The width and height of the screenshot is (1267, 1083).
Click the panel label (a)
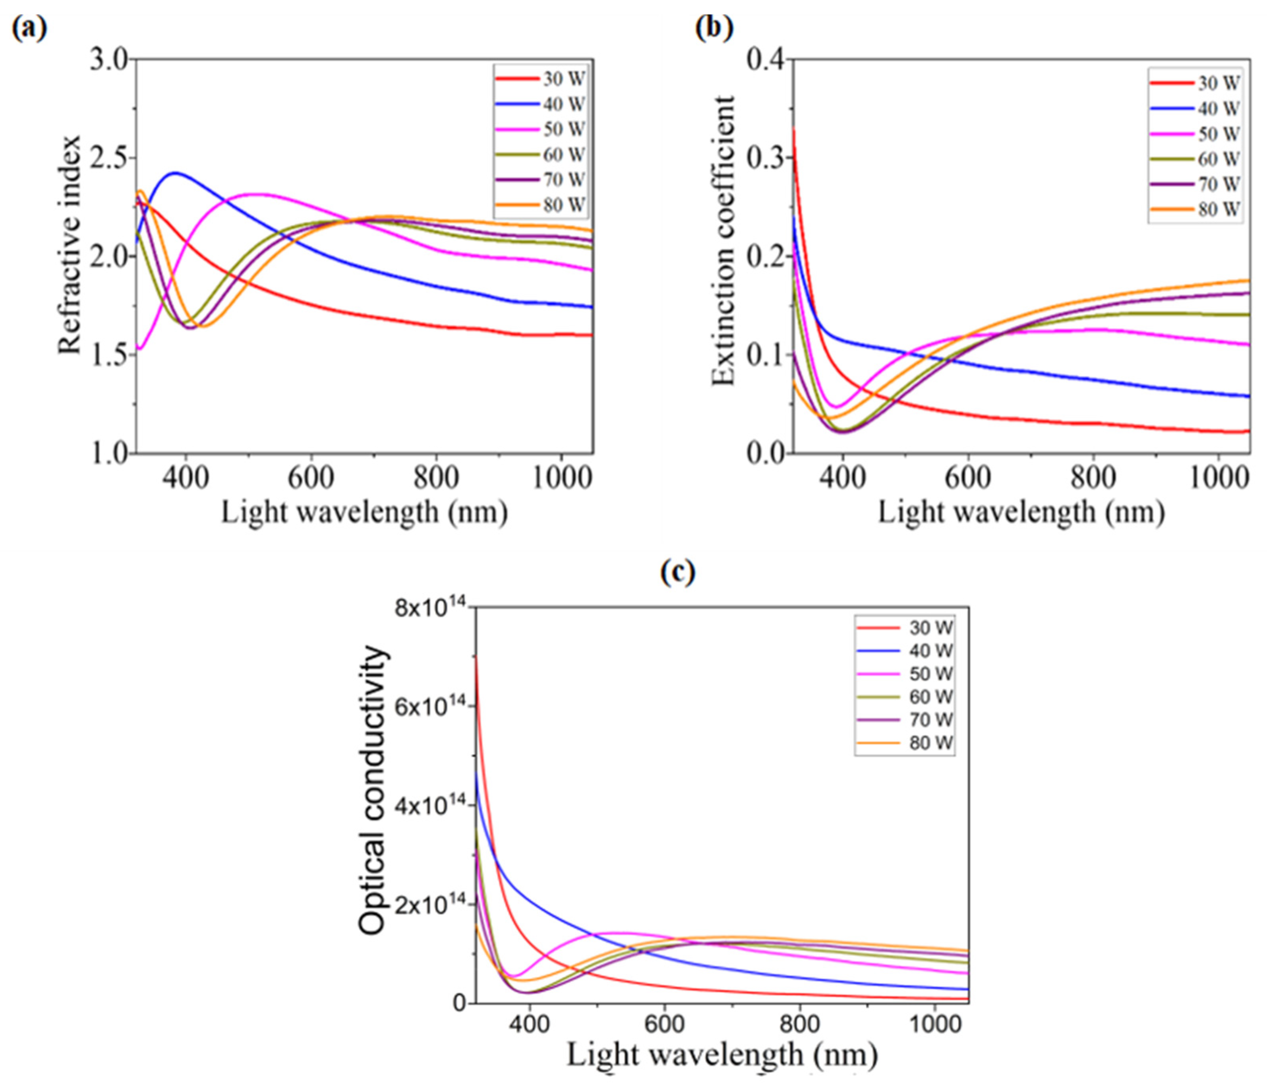(29, 29)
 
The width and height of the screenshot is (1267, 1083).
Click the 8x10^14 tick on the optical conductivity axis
(431, 608)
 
